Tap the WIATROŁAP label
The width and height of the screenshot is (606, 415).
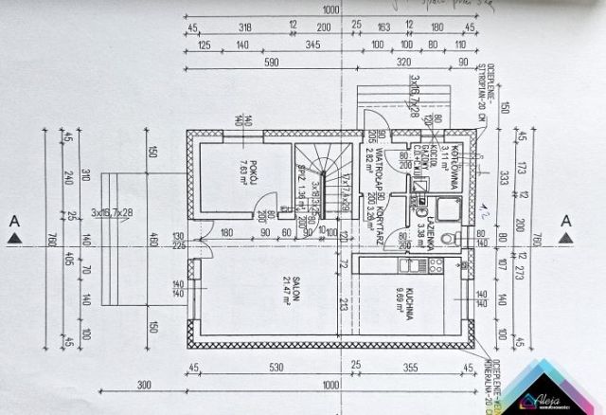(x=378, y=167)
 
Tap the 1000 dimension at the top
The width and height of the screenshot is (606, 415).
(x=330, y=9)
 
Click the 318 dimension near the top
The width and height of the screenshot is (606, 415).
(x=245, y=27)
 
